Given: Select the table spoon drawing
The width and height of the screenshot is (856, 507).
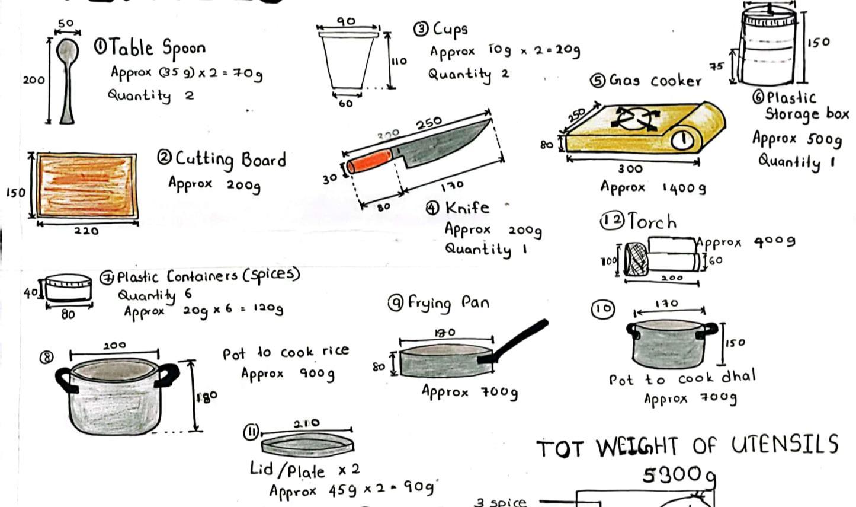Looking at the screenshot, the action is pyautogui.click(x=66, y=79).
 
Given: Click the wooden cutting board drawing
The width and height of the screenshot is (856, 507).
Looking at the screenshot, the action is pyautogui.click(x=86, y=186).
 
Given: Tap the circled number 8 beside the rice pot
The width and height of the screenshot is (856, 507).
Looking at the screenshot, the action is pyautogui.click(x=46, y=357).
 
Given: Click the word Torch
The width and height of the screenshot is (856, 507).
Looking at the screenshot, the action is pyautogui.click(x=652, y=222).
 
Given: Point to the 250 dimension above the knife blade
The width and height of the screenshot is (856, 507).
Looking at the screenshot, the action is pyautogui.click(x=428, y=123).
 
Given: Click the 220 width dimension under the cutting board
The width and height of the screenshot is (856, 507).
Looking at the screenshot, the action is pyautogui.click(x=86, y=231).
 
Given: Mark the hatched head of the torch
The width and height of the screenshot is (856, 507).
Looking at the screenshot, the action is pyautogui.click(x=637, y=260).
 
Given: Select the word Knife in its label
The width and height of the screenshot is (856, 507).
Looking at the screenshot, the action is pyautogui.click(x=467, y=208).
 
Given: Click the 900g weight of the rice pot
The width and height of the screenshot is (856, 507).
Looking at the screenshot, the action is pyautogui.click(x=316, y=374).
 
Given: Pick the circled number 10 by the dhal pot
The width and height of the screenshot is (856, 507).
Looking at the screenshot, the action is pyautogui.click(x=602, y=309).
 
